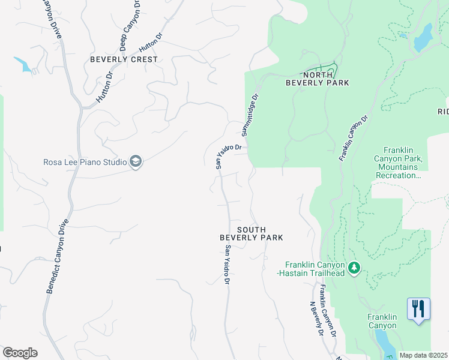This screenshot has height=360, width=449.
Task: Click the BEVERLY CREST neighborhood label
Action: click(124, 59)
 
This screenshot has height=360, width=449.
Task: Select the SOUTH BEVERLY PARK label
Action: click(251, 234)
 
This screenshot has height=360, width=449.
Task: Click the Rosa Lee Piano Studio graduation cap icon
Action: click(136, 162)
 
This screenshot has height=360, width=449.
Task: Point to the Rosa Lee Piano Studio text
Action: click(85, 162)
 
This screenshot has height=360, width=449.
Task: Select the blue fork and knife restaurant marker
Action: click(418, 309)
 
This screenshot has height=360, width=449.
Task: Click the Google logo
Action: click(20, 353)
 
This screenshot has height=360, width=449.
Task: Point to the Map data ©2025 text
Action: click(423, 355)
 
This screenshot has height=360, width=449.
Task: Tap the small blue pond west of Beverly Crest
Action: click(23, 64)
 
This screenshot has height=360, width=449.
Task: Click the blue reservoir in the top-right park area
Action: click(423, 37)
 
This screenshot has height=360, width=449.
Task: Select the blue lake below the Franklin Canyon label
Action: click(382, 343)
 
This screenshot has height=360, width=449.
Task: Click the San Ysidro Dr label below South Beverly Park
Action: click(228, 265)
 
